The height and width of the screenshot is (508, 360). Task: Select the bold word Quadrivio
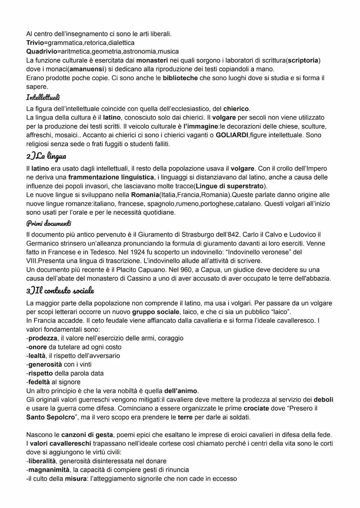point(40,51)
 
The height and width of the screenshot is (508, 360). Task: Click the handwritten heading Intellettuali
point(43,97)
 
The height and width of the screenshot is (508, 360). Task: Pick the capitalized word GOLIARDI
point(234,135)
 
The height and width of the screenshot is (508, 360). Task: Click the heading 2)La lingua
point(47,156)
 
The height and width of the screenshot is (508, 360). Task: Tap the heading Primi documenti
point(48,223)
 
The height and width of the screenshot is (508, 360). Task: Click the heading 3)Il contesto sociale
point(60,290)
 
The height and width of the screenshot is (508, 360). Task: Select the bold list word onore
point(38,347)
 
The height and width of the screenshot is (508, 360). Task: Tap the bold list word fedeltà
point(41,382)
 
